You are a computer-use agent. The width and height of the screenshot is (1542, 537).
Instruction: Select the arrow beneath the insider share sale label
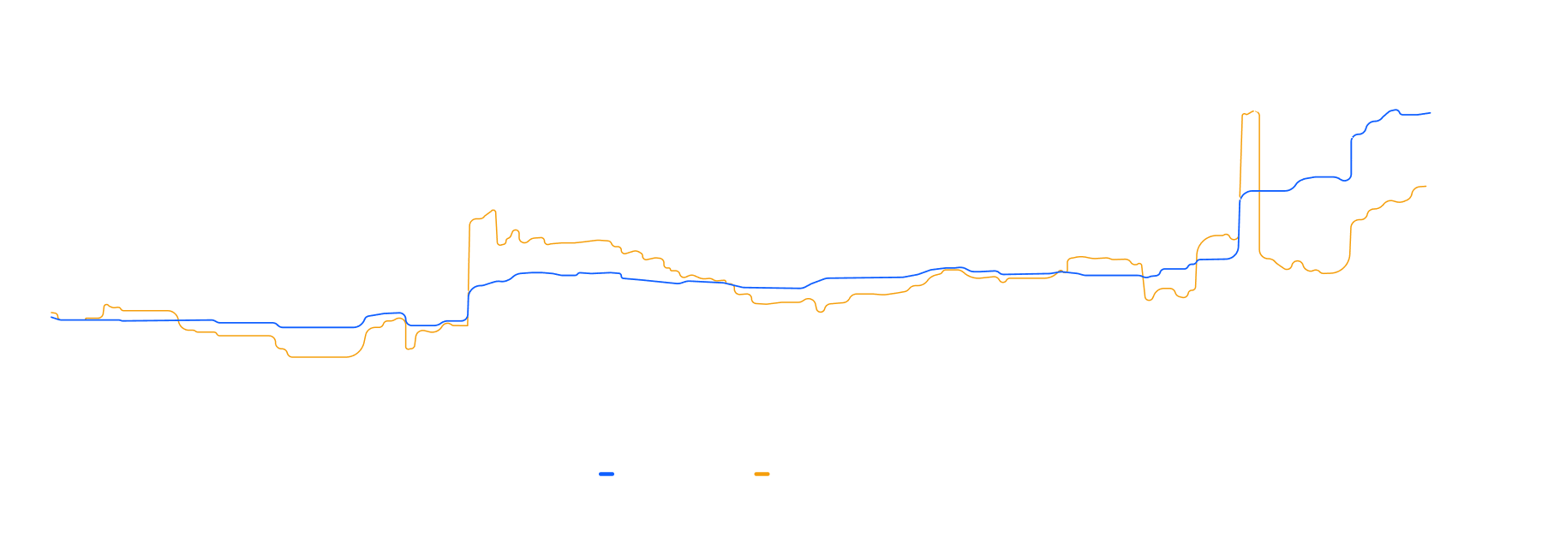[x=1233, y=192]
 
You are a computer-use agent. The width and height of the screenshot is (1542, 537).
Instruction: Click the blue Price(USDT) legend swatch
[x=607, y=474]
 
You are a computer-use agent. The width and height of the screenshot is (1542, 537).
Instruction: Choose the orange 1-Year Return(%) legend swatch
[x=762, y=474]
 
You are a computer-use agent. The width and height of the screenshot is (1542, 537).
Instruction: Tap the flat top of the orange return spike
[x=1250, y=113]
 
